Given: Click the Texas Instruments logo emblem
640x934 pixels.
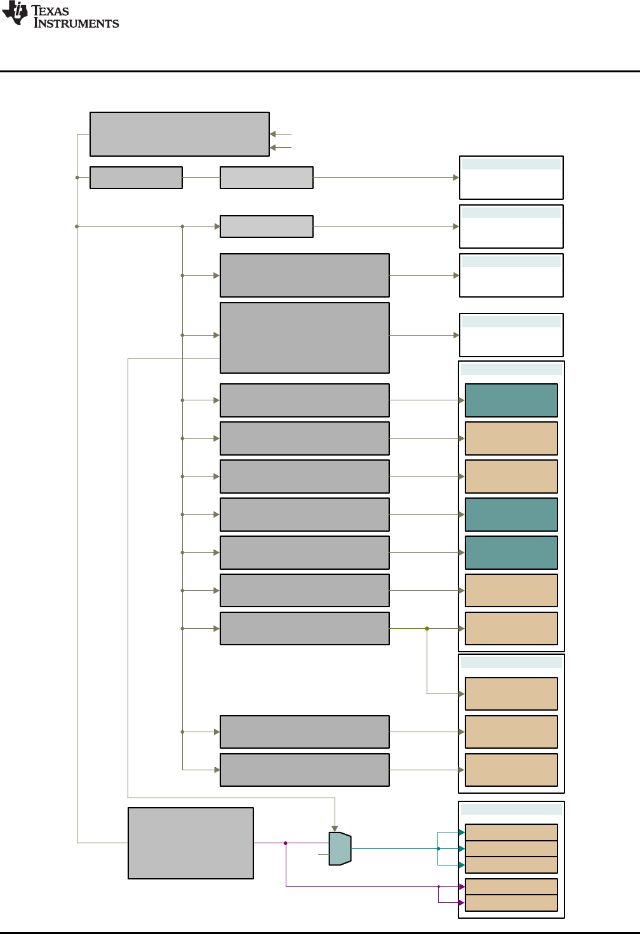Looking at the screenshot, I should [15, 13].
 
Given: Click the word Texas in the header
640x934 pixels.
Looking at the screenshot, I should [50, 11].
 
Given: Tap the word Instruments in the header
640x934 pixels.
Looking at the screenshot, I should [76, 23].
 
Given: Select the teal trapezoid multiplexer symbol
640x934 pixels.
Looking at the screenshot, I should [340, 848].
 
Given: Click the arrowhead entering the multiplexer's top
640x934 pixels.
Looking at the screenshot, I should [335, 829].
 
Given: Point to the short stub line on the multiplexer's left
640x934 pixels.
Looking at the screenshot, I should [323, 854].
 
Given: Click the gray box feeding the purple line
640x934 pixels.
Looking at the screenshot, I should [190, 843].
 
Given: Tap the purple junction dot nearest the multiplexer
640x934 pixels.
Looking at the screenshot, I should [286, 843].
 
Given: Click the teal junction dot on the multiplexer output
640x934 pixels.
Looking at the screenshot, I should [438, 848].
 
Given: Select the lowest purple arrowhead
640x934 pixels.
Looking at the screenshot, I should [462, 902].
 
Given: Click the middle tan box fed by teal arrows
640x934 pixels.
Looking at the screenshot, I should [511, 848].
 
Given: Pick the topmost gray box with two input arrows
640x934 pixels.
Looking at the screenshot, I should [180, 134].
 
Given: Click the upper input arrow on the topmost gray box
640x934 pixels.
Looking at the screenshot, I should [273, 134].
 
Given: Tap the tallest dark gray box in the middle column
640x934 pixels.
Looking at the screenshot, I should [305, 338].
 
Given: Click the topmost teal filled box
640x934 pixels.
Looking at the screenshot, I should [511, 400].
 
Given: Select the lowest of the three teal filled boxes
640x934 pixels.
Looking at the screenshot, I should [511, 553].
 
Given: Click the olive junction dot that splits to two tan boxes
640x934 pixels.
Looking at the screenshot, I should [427, 629].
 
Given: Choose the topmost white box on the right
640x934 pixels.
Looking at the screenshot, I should [511, 178].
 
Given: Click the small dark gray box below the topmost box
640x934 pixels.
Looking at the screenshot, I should [136, 178].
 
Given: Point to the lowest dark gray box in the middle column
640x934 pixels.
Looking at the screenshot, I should [305, 770].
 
